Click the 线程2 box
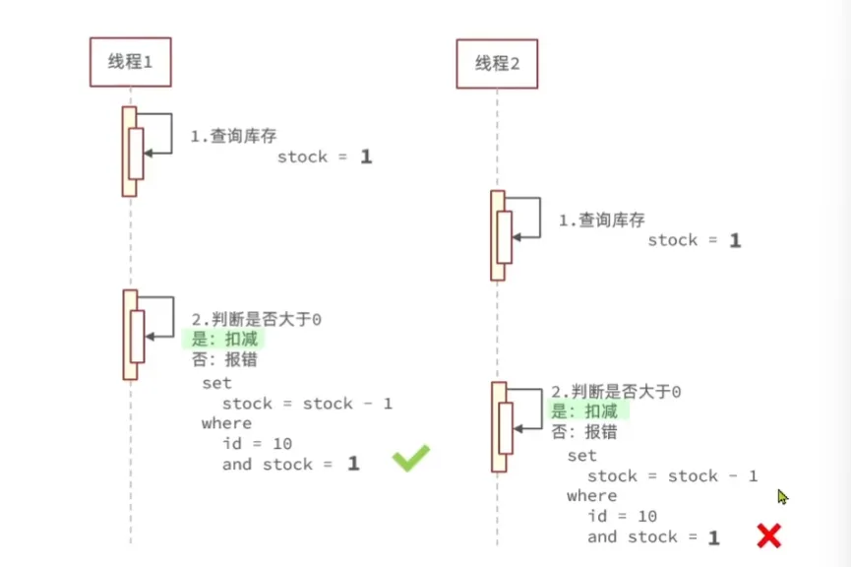click(497, 65)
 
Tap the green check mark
click(411, 458)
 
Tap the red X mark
click(768, 535)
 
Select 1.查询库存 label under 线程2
click(601, 220)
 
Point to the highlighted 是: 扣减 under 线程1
click(222, 339)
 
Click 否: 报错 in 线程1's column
click(224, 359)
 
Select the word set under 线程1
click(216, 383)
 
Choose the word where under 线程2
click(591, 496)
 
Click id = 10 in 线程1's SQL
click(257, 444)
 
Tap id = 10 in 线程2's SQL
click(622, 516)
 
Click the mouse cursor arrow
click(782, 497)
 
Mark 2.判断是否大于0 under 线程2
click(616, 392)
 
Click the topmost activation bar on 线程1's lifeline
click(130, 151)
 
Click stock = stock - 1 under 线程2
click(672, 476)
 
